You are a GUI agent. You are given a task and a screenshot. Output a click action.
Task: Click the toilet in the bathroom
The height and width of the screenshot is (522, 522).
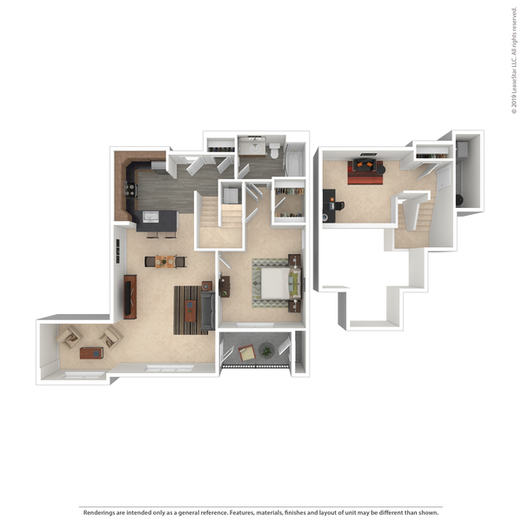click(x=275, y=151)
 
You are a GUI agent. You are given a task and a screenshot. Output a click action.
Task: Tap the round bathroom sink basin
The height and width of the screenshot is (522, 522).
click(x=255, y=148)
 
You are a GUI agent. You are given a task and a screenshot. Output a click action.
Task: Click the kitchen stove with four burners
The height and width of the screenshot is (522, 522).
click(x=130, y=190)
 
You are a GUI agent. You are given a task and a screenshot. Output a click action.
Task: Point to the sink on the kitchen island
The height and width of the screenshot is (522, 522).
click(x=151, y=217)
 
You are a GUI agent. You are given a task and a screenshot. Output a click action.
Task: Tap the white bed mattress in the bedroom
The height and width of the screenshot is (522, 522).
click(x=276, y=283)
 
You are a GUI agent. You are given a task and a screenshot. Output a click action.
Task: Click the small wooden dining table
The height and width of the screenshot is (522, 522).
click(x=164, y=262)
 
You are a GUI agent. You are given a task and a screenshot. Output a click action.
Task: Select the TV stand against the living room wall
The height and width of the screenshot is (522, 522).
click(x=130, y=297)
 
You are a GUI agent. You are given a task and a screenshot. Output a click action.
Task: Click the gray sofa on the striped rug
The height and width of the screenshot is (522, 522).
click(x=207, y=311)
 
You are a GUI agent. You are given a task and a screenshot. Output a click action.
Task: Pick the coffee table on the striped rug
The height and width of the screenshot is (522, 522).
click(x=191, y=311)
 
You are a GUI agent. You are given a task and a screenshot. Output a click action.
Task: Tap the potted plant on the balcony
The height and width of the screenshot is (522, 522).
click(x=266, y=351)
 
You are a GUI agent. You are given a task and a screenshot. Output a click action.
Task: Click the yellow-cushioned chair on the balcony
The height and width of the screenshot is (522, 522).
click(x=247, y=353)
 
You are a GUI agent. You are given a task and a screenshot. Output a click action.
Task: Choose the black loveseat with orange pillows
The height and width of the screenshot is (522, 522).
click(x=365, y=164)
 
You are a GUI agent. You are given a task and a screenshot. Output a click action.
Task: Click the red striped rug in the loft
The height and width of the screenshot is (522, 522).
click(x=365, y=174)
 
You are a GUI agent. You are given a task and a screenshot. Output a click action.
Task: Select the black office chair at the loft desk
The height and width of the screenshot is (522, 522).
click(x=339, y=205)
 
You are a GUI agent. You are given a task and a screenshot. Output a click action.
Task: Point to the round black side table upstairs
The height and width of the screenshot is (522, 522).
click(x=381, y=170)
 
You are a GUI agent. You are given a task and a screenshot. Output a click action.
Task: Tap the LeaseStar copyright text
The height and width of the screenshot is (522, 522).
click(x=514, y=61)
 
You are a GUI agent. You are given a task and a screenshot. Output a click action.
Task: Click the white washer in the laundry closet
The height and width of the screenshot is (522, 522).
click(x=231, y=196)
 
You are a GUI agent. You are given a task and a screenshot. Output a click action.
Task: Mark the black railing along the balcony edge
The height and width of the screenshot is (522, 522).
click(x=255, y=366)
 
